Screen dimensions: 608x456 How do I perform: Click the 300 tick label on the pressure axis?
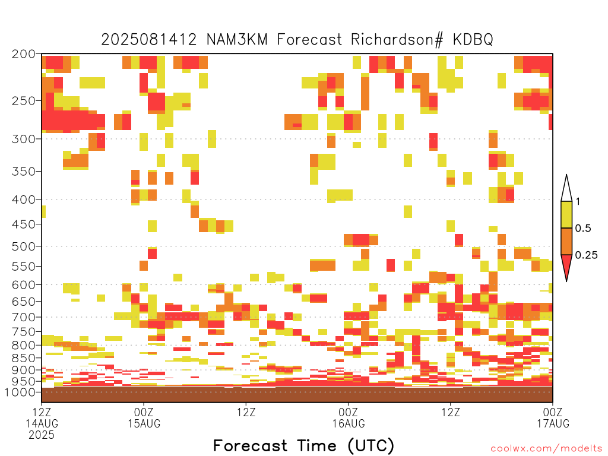click(x=24, y=139)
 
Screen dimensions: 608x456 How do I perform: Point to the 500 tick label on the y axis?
click(x=24, y=246)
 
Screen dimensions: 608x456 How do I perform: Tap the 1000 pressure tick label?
click(x=20, y=392)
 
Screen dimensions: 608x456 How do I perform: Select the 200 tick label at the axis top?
click(x=24, y=54)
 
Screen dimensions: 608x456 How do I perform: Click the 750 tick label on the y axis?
click(x=24, y=332)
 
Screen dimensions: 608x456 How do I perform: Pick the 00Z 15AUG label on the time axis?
click(x=144, y=417)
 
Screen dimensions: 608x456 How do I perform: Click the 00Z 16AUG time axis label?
click(x=348, y=417)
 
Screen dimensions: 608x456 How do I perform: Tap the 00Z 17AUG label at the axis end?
click(x=553, y=417)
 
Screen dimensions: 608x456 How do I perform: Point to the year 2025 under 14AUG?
click(x=42, y=435)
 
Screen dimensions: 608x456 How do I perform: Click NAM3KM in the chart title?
click(x=237, y=40)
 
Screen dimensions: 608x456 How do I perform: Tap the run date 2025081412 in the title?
click(x=149, y=40)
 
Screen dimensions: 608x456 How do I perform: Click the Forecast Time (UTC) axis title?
click(x=303, y=446)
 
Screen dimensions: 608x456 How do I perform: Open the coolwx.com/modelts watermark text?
click(x=546, y=449)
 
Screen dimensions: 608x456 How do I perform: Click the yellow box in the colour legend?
click(x=566, y=214)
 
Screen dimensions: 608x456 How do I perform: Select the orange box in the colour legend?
click(x=566, y=241)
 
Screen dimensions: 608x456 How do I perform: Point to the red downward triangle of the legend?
click(x=566, y=264)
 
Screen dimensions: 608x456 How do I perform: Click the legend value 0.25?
click(x=586, y=255)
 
